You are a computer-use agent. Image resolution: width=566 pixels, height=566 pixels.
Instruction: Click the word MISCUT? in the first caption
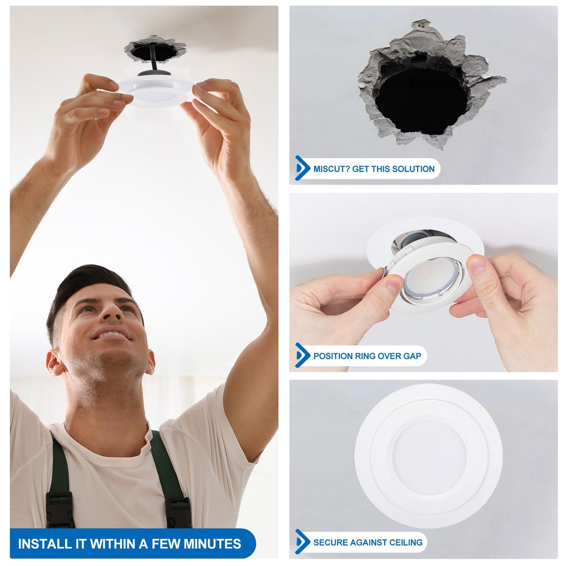pyautogui.click(x=331, y=169)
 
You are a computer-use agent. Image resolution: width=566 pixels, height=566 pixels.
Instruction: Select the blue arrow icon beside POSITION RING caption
pyautogui.click(x=302, y=355)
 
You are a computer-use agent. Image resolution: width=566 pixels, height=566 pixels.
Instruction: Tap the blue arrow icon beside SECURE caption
pyautogui.click(x=302, y=542)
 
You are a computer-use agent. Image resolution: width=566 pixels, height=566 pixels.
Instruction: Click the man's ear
pyautogui.click(x=55, y=362)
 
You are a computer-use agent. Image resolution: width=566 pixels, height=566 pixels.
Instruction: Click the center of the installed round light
pyautogui.click(x=429, y=454)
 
